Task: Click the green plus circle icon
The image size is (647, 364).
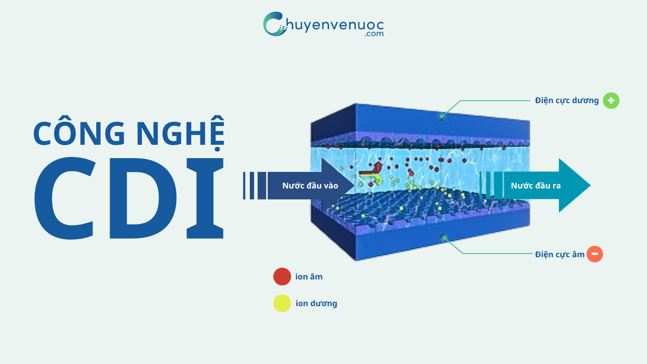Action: pyautogui.click(x=611, y=101)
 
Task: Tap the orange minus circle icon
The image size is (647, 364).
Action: pyautogui.click(x=594, y=254)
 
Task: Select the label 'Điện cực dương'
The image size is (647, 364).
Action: pyautogui.click(x=567, y=101)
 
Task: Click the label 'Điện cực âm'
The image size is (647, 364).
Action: pyautogui.click(x=560, y=254)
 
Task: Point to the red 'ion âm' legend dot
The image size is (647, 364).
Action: pyautogui.click(x=282, y=277)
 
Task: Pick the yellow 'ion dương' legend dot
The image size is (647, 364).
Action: pyautogui.click(x=282, y=303)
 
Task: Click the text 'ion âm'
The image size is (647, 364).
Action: pyautogui.click(x=309, y=277)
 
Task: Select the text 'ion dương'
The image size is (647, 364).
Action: pyautogui.click(x=316, y=303)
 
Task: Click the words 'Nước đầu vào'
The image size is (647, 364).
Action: pyautogui.click(x=310, y=186)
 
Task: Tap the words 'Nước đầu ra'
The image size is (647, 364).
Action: pyautogui.click(x=536, y=186)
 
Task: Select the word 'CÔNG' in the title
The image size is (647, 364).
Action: pyautogui.click(x=79, y=133)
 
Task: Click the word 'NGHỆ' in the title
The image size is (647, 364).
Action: pyautogui.click(x=180, y=133)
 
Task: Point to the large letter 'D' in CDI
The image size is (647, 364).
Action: pyautogui.click(x=142, y=198)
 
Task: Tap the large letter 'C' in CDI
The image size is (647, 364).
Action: pyautogui.click(x=65, y=198)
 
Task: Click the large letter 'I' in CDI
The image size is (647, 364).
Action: pyautogui.click(x=205, y=198)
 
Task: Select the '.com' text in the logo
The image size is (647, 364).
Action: pyautogui.click(x=374, y=34)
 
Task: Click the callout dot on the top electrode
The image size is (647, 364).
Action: pyautogui.click(x=442, y=116)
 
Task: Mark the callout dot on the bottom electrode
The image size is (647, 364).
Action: pyautogui.click(x=444, y=238)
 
